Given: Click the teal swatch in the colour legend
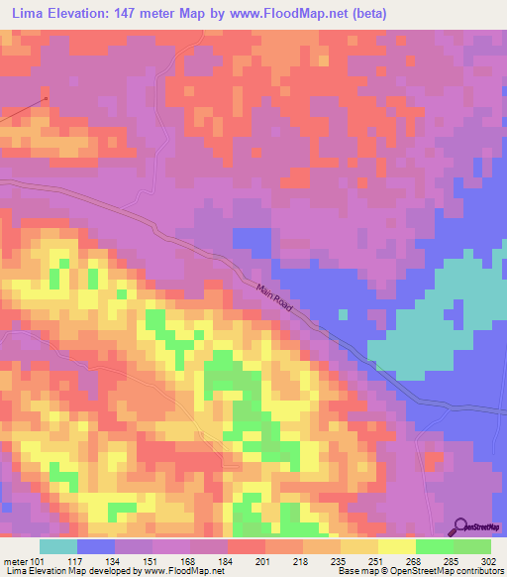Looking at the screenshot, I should click(x=58, y=546).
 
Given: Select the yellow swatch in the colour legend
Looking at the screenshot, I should click(x=396, y=546).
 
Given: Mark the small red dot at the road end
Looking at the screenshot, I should click(x=46, y=98).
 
